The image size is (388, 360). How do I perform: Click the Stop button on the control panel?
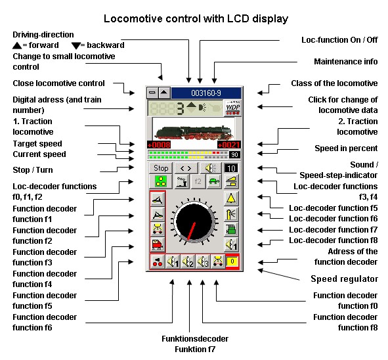[x=161, y=168]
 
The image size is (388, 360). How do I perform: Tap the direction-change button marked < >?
[x=186, y=168]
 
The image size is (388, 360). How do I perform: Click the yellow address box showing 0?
[x=232, y=261]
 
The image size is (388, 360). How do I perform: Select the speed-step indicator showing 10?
[x=231, y=168]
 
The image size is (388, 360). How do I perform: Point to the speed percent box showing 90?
[x=234, y=155]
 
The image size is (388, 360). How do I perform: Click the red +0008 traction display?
[x=159, y=145]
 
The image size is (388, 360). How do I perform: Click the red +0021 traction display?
[x=229, y=145]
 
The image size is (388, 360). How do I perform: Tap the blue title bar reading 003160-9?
[x=206, y=93]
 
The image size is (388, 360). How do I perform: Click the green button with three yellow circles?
[x=161, y=181]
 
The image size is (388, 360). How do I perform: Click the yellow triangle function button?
[x=231, y=198]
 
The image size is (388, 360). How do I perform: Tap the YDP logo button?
[x=232, y=108]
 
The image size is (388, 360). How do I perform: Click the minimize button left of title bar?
[x=152, y=93]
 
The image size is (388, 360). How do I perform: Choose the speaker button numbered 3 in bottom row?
[x=203, y=261]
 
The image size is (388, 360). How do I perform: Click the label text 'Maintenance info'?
[x=346, y=61]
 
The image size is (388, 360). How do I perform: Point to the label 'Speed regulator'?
[x=344, y=279]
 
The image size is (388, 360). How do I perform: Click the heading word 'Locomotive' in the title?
[x=133, y=18]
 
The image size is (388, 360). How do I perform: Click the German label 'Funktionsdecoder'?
[x=195, y=339]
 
